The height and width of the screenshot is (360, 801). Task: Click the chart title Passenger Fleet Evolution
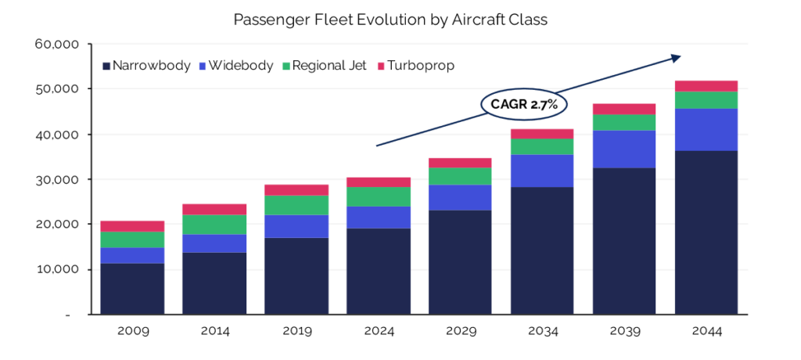click(390, 20)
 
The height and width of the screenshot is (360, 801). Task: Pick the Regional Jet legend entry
click(328, 66)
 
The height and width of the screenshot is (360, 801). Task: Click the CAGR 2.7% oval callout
click(523, 103)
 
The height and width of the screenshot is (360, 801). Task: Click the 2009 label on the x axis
click(132, 331)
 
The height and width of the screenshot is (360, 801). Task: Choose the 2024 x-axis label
click(379, 331)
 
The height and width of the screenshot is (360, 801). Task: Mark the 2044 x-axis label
click(707, 331)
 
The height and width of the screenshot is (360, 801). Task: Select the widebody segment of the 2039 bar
click(623, 149)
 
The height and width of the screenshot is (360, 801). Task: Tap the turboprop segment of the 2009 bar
click(132, 226)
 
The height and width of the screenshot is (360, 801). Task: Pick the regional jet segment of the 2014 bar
click(214, 225)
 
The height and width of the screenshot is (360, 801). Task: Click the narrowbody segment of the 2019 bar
click(296, 275)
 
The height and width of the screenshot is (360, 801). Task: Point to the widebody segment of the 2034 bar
click(541, 171)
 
